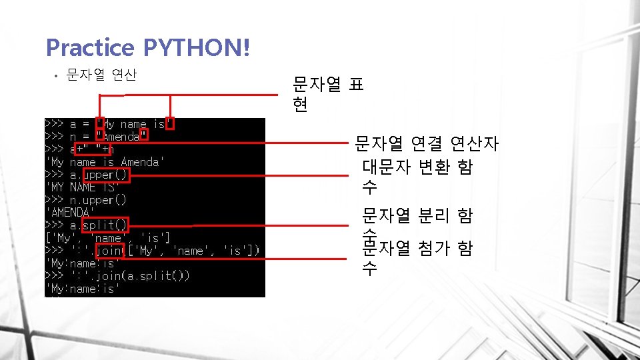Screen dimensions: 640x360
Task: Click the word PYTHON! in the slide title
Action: [197, 47]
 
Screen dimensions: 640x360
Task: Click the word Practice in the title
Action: [91, 47]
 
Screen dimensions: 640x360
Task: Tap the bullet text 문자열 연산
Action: [102, 75]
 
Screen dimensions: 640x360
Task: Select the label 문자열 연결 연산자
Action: [427, 143]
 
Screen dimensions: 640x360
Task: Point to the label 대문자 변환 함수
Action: [417, 177]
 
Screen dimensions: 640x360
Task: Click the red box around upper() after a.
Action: [106, 175]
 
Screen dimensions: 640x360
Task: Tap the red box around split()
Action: [105, 225]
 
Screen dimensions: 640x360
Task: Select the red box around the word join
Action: [110, 251]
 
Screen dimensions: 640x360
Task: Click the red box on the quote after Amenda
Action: [144, 136]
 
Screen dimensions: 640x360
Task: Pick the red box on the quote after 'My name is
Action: [170, 123]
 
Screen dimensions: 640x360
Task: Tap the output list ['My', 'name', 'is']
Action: [107, 238]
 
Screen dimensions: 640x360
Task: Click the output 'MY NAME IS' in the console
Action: [79, 187]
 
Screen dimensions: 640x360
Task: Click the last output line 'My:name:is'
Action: [82, 289]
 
